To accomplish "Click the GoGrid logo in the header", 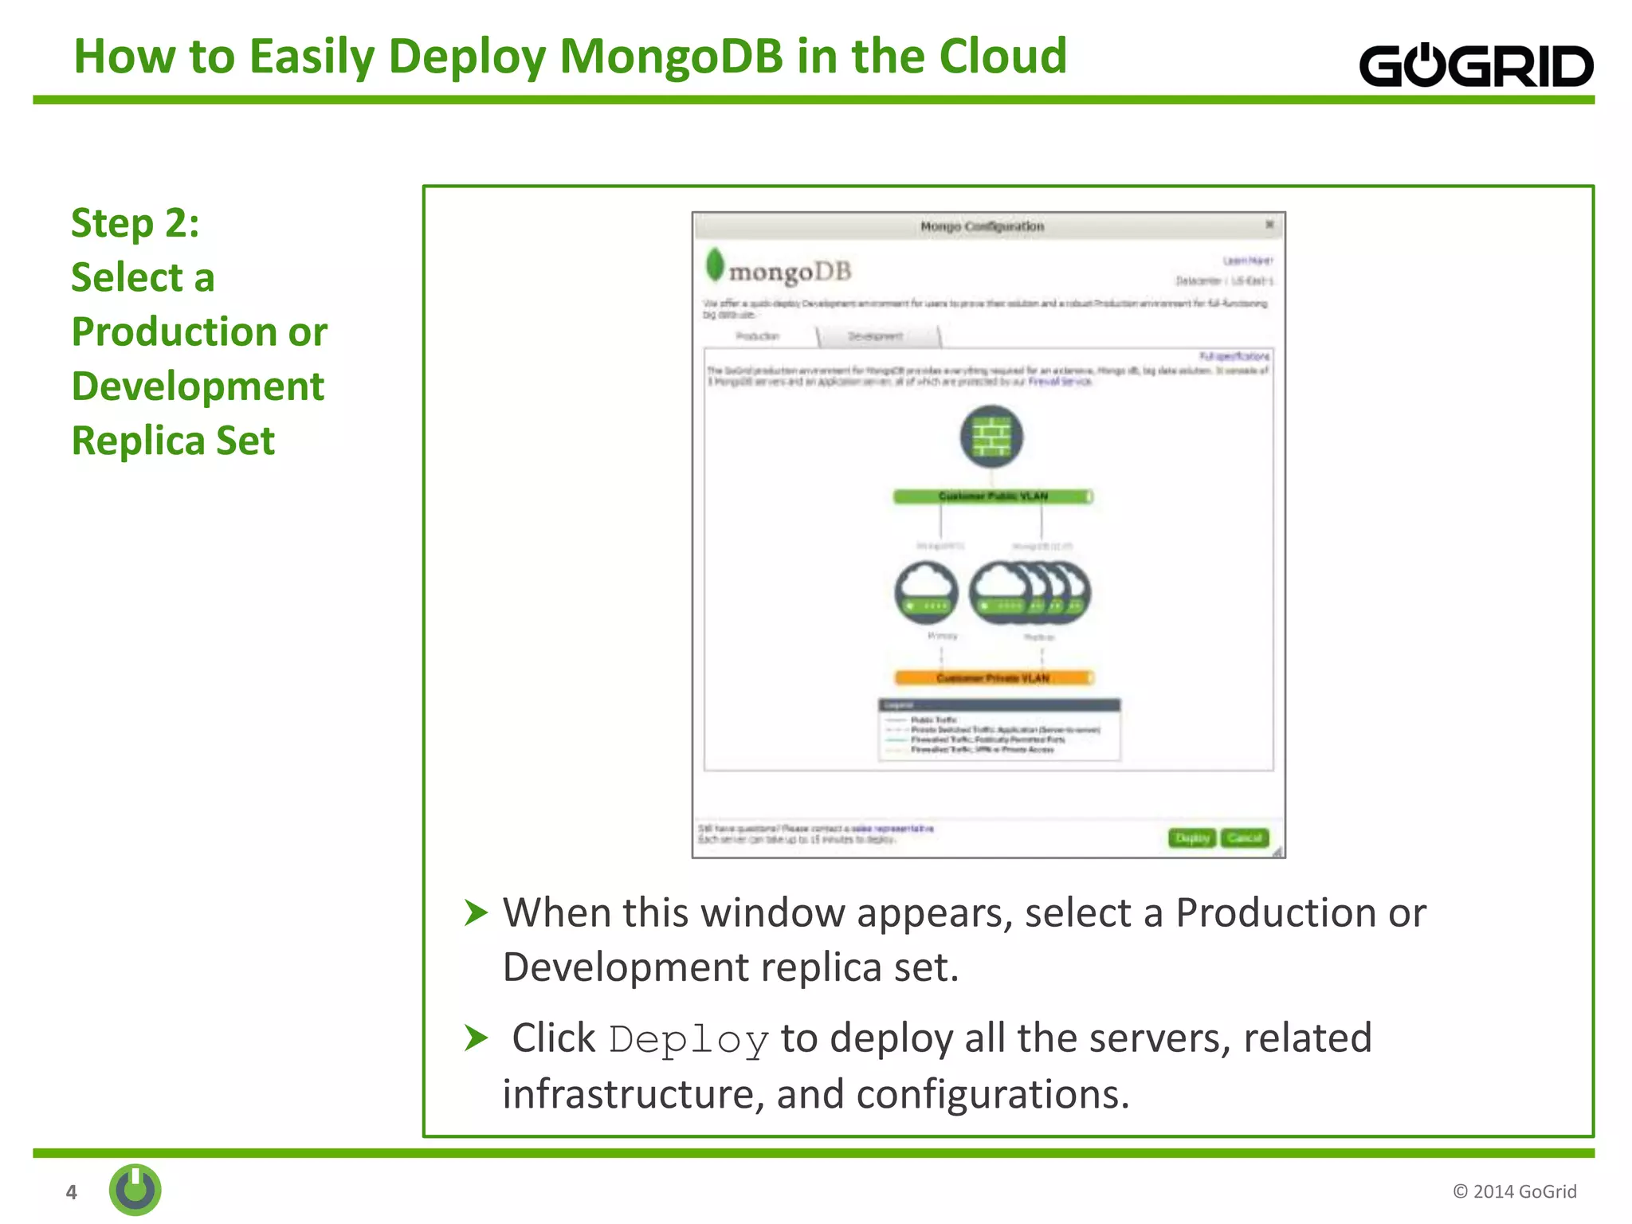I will [x=1476, y=65].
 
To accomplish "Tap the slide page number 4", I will [x=72, y=1192].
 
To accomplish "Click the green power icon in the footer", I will [x=135, y=1190].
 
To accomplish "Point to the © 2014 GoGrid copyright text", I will [x=1514, y=1191].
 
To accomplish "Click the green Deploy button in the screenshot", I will [x=1192, y=838].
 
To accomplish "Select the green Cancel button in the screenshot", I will [x=1244, y=838].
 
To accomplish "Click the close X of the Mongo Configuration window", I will [x=1269, y=226].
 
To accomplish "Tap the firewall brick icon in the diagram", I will [x=991, y=437].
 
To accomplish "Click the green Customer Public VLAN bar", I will [x=992, y=496].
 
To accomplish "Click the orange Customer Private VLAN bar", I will [x=993, y=678].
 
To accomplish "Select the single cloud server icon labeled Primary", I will [x=926, y=592].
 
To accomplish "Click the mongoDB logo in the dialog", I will [x=779, y=269].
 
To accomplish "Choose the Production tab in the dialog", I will [x=758, y=337].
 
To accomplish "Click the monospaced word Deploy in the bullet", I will [x=688, y=1040].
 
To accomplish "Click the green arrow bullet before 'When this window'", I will [x=476, y=912].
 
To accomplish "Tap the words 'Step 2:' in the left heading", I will [x=135, y=222].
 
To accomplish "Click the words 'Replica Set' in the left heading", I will [x=173, y=441].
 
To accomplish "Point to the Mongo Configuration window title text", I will [x=982, y=226].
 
